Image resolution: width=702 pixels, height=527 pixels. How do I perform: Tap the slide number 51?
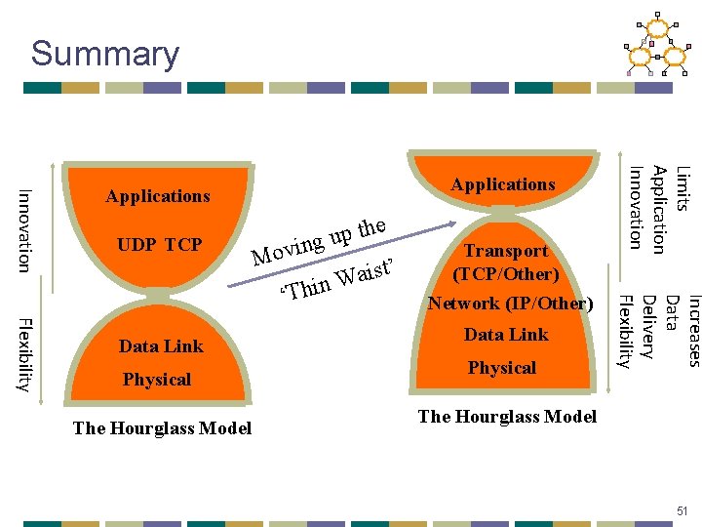point(682,510)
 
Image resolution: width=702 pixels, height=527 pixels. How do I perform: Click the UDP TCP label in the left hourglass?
point(160,244)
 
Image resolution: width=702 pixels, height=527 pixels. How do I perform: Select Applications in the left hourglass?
point(158,196)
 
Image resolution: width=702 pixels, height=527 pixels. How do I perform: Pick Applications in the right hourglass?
point(503,184)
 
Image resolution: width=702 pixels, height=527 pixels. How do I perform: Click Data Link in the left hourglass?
point(161,346)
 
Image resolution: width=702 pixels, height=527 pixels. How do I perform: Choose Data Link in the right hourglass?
point(506,335)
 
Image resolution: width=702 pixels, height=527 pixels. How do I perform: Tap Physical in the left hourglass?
point(157,380)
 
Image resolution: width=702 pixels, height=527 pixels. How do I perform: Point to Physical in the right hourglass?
point(502,368)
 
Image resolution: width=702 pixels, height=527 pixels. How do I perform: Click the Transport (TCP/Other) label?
point(505,263)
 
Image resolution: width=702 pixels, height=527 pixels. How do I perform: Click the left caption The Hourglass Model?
point(162,427)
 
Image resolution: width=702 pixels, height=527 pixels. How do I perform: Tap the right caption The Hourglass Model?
point(507,417)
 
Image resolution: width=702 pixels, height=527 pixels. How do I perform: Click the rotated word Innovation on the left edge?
point(26,229)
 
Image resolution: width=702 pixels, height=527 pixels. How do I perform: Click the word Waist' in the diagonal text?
point(364,274)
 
